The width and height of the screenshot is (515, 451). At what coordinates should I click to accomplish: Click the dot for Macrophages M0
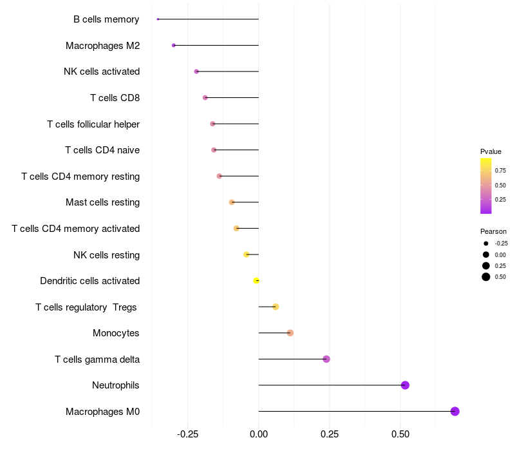coord(454,411)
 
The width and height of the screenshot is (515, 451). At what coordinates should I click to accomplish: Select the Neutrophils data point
coord(405,385)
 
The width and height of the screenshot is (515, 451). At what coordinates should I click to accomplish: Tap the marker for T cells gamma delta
coord(326,359)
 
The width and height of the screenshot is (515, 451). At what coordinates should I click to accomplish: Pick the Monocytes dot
coord(290,333)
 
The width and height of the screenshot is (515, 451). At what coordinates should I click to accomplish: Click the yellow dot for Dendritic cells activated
coord(256,280)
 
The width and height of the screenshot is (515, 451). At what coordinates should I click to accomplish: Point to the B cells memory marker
coord(158,19)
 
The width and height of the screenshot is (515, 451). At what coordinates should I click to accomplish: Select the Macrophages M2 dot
coord(174,45)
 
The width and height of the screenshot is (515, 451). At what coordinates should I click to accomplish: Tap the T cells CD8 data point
coord(205,98)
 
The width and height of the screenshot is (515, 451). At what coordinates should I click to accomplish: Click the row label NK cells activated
coord(102,72)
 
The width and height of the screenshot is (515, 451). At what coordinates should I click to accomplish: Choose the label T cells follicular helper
coord(93,124)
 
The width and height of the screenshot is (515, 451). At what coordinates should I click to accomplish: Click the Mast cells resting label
coord(102,202)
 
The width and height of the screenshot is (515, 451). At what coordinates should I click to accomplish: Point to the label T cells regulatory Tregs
coord(86,307)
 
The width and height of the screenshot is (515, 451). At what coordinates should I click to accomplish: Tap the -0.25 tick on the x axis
coord(187,434)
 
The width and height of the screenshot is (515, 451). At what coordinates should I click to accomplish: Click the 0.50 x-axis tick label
coord(400,434)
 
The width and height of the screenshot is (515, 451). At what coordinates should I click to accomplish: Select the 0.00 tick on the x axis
coord(259,434)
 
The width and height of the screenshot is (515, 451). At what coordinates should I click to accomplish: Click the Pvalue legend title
coord(491,151)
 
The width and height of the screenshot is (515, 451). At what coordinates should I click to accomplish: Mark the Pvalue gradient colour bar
coord(486,186)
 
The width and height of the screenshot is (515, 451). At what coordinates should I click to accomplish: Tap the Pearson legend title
coord(493,231)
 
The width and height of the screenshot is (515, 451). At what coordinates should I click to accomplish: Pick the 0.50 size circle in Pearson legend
coord(486,277)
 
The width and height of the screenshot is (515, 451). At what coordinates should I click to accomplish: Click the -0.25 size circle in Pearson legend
coord(486,244)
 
